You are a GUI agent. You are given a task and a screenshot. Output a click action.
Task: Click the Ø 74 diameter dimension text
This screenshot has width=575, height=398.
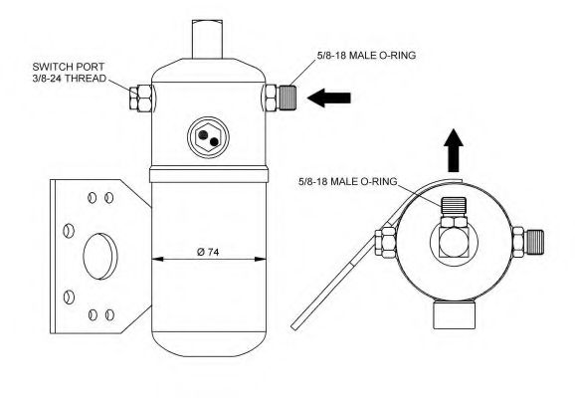coord(208,252)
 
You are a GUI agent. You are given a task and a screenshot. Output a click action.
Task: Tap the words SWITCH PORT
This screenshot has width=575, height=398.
coord(69,67)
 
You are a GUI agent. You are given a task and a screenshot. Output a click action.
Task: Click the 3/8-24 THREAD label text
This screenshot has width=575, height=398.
coord(70,79)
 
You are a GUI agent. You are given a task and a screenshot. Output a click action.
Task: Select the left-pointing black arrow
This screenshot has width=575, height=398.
coord(329,98)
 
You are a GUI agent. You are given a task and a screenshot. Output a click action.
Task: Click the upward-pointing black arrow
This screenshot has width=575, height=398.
coord(454,150)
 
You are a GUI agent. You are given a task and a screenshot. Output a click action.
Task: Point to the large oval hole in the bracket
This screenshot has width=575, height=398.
coord(100,256)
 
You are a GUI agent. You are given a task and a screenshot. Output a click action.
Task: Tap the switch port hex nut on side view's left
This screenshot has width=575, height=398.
coord(141,98)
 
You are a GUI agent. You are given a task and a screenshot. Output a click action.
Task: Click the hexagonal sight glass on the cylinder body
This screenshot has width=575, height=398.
coord(208,138)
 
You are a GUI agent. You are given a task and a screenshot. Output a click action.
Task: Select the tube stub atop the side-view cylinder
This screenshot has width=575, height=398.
coord(208,39)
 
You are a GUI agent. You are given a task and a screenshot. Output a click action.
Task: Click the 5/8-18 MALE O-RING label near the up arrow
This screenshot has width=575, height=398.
coord(347,181)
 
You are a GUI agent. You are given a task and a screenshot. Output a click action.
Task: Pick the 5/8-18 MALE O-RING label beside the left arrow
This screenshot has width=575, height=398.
coord(366,56)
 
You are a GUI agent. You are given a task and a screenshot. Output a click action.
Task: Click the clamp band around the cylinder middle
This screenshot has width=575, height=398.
coord(208,174)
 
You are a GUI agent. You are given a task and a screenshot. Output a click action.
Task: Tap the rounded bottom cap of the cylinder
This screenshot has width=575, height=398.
coord(208,344)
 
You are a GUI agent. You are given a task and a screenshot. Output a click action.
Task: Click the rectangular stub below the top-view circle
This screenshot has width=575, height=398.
coord(455,315)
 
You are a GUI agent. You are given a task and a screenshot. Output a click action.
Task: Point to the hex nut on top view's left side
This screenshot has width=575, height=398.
coord(385,242)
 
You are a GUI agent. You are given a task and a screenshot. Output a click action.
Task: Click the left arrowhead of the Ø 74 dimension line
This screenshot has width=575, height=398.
coord(157,260)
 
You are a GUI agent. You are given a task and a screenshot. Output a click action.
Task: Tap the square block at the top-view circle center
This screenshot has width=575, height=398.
coord(454,243)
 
